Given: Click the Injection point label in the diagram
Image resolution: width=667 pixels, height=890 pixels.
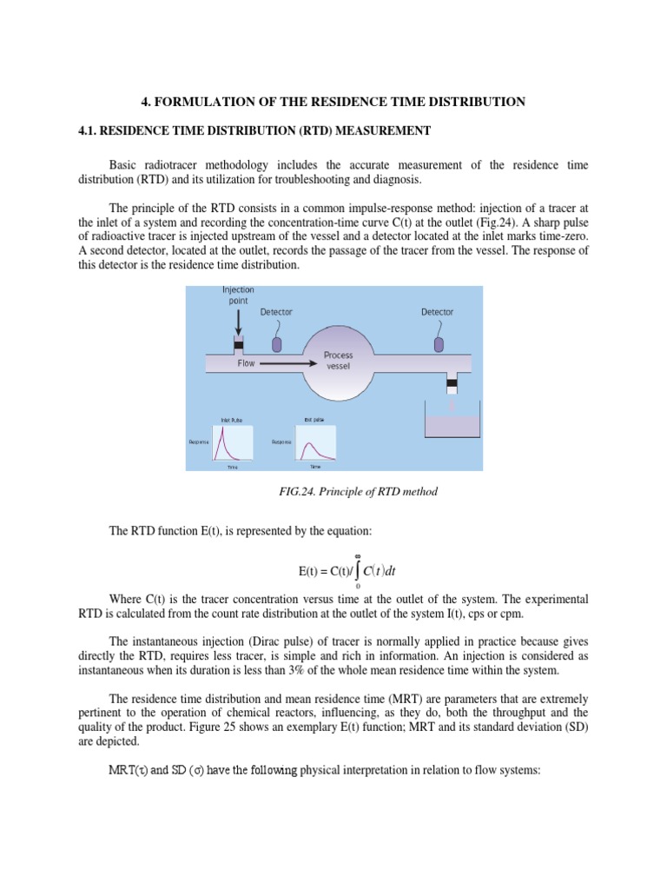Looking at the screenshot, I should [238, 296].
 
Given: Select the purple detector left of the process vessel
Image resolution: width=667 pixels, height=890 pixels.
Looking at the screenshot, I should [277, 343].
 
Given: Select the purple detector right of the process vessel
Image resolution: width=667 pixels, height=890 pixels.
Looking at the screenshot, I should [438, 343].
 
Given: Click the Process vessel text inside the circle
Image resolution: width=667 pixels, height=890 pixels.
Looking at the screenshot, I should [338, 360].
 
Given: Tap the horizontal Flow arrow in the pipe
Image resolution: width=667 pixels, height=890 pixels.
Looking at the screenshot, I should [287, 363].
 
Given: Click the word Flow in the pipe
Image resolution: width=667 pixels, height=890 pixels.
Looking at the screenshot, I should [247, 363].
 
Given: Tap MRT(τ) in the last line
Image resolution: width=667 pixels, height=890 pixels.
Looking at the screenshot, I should [128, 769].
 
